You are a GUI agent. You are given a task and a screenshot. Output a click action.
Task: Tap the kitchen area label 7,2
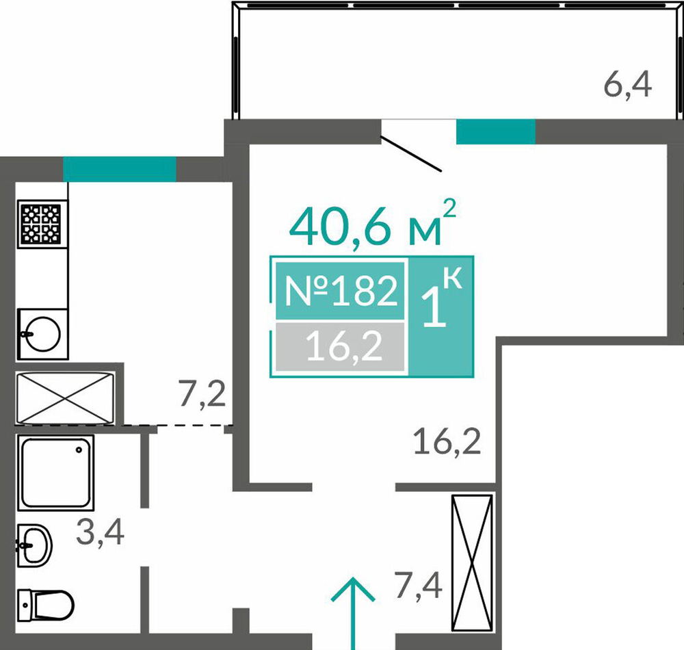pyautogui.click(x=202, y=395)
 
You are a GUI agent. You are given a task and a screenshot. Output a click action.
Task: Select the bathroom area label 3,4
pyautogui.click(x=101, y=533)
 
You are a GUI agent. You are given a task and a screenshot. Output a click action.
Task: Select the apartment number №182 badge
pyautogui.click(x=340, y=291)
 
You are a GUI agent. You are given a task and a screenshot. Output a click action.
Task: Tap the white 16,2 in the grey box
pyautogui.click(x=344, y=346)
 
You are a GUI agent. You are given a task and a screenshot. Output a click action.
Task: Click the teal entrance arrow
pyautogui.click(x=352, y=613)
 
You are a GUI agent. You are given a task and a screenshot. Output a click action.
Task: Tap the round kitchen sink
pyautogui.click(x=42, y=334)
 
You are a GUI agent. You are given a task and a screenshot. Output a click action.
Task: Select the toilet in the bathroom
pyautogui.click(x=46, y=605)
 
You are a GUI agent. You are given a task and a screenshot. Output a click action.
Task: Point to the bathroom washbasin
pyautogui.click(x=35, y=545)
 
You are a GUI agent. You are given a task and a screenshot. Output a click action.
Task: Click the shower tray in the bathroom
pyautogui.click(x=56, y=473)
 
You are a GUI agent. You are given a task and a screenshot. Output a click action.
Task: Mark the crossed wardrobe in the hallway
pyautogui.click(x=472, y=563)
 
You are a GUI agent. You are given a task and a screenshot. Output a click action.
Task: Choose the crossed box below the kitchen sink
pyautogui.click(x=66, y=398)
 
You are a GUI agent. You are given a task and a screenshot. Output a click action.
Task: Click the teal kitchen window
pyautogui.click(x=120, y=169)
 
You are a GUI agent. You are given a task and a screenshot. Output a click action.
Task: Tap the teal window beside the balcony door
pyautogui.click(x=495, y=131)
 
